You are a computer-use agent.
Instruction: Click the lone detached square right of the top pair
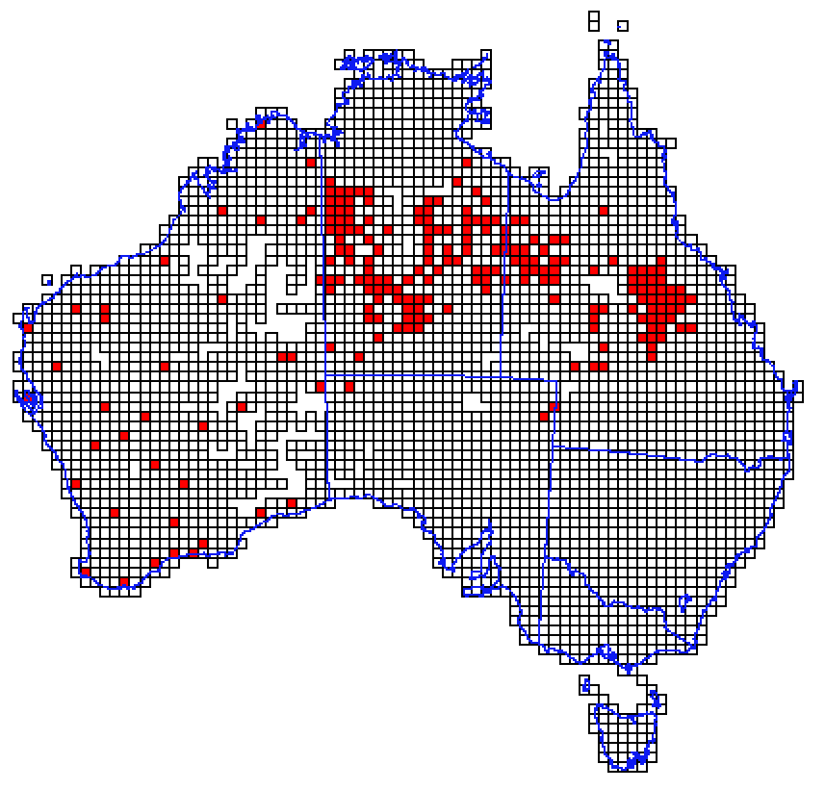coord(623,26)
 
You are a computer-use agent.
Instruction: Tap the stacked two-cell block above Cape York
coord(593,20)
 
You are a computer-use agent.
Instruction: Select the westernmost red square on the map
coord(27,328)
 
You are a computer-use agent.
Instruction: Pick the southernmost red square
coord(124,581)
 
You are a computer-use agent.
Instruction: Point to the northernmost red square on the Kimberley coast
coord(260,123)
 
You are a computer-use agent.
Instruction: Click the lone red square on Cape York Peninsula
coord(604,211)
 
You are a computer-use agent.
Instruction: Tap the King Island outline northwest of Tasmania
coord(585,685)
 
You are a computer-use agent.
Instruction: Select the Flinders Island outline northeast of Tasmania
coord(657,699)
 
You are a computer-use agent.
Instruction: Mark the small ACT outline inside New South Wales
coord(684,605)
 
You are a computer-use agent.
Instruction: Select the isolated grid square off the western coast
coord(47,280)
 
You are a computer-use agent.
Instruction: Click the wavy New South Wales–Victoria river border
coord(616,606)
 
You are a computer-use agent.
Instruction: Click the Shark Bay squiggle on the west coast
coord(29,397)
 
